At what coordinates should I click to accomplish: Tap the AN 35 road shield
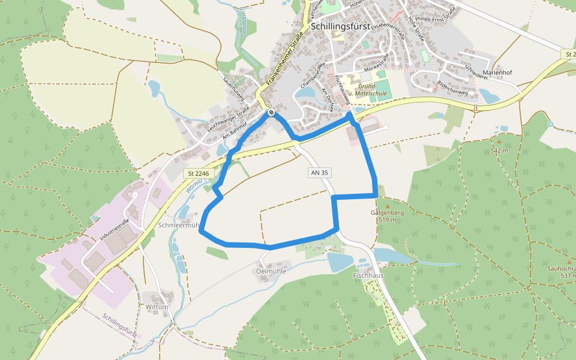320,173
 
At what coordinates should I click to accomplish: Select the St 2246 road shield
197,173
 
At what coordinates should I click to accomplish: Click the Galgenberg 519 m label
387,216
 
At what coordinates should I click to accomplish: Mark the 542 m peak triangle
498,142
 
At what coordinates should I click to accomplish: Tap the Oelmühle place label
271,271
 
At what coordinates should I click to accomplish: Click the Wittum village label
157,307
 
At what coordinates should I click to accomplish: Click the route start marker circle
272,112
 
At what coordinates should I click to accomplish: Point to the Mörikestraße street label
377,63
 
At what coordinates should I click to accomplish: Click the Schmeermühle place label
178,226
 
